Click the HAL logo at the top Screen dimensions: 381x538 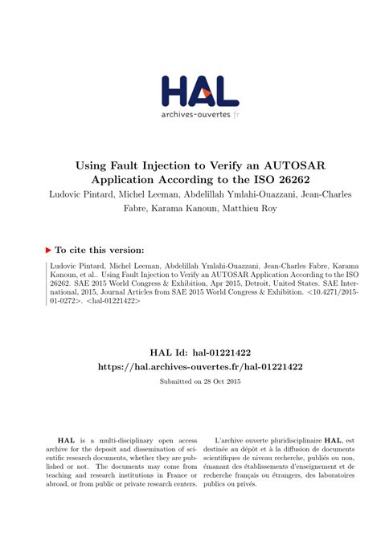(x=190, y=90)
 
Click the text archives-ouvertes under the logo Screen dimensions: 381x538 (x=183, y=114)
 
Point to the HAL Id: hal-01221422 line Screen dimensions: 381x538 (x=190, y=352)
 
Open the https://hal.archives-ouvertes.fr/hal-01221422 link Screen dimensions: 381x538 (x=190, y=366)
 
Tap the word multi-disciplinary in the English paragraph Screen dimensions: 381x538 (x=120, y=441)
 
